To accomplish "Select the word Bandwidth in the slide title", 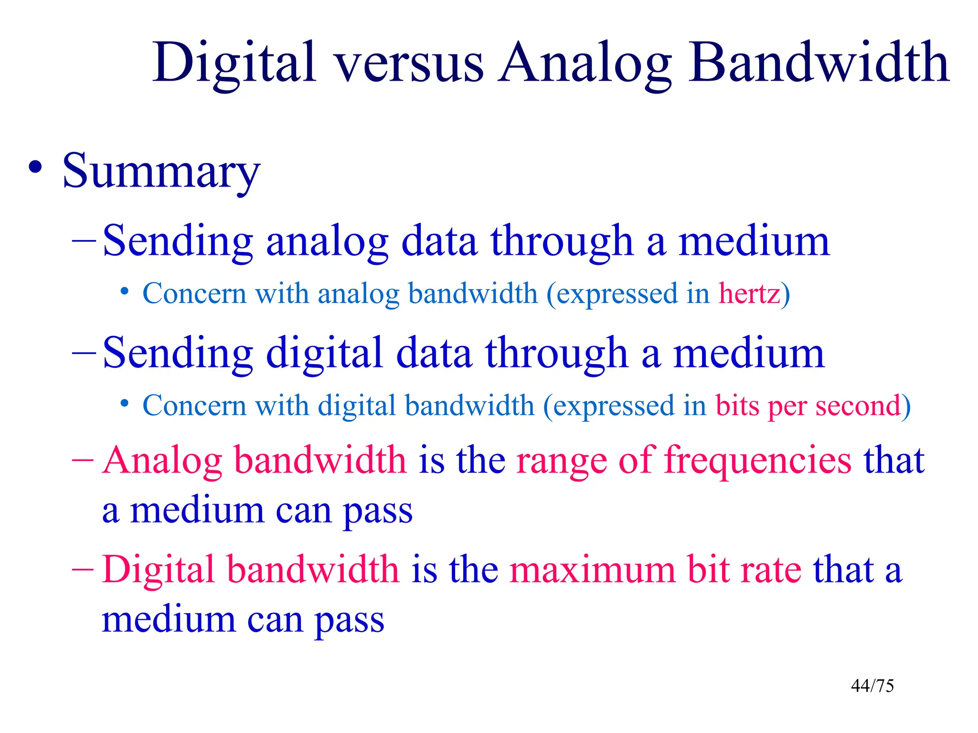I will (x=819, y=63).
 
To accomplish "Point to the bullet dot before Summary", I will (x=35, y=168).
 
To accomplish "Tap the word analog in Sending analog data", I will (x=327, y=242).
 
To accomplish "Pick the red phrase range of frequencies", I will (x=683, y=461).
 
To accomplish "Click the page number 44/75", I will (x=872, y=686).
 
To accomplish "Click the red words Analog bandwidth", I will (x=254, y=461).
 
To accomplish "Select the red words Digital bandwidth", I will (x=250, y=570).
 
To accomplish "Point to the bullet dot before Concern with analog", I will (x=125, y=292).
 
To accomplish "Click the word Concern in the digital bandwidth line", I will (x=194, y=406).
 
